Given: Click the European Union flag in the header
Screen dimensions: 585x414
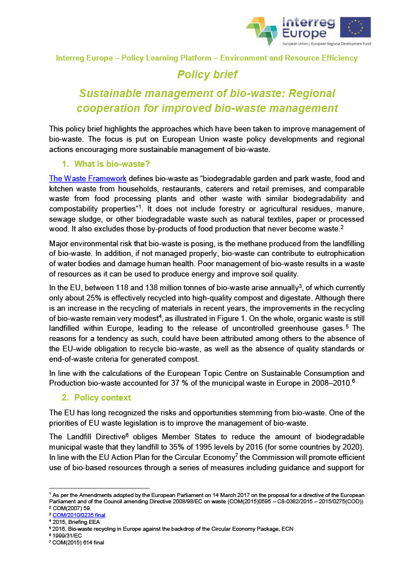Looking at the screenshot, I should (x=355, y=27).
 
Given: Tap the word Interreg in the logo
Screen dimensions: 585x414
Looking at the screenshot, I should (x=309, y=22).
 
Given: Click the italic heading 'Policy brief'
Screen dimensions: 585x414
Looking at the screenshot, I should (x=207, y=74).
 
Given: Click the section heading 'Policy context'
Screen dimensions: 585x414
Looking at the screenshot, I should (x=102, y=397).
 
